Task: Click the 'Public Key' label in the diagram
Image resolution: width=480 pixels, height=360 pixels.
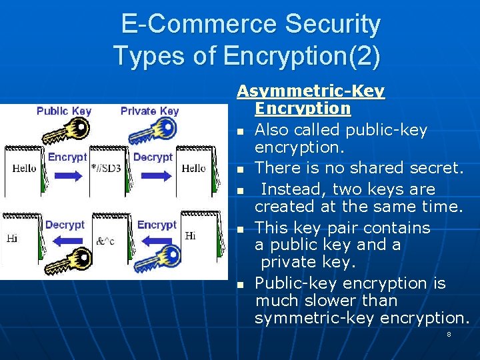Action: pos(64,111)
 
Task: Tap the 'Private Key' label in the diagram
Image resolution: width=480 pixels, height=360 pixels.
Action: pos(150,111)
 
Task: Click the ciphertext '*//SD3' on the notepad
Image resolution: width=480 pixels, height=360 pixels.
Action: pos(107,169)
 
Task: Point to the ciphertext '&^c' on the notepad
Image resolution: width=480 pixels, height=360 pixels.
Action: pos(105,241)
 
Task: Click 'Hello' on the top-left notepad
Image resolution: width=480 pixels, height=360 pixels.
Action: pos(25,169)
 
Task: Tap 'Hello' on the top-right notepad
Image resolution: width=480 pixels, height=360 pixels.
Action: pos(194,169)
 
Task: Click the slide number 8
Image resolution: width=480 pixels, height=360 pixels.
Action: pos(449,334)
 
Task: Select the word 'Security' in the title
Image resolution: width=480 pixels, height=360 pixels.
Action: pos(333,25)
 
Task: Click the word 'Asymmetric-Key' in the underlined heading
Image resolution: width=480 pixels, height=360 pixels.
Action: pos(311,91)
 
